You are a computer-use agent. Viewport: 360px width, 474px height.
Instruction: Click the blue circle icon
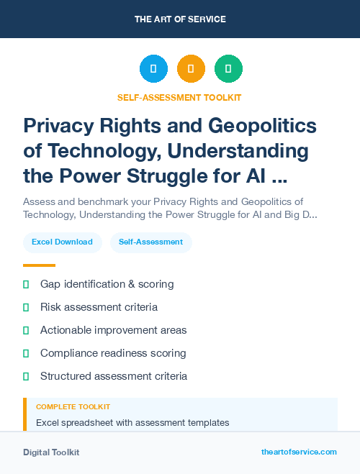(x=153, y=69)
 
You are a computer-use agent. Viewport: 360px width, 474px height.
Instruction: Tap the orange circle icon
(x=191, y=69)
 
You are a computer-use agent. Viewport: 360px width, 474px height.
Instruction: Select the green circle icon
(x=228, y=69)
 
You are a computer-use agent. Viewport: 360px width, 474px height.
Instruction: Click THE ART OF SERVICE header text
(x=180, y=19)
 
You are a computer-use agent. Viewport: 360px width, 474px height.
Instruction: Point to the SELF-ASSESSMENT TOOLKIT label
(x=180, y=97)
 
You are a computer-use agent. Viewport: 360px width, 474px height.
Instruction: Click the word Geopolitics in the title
(x=262, y=126)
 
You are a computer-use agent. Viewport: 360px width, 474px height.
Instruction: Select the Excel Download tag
(x=62, y=242)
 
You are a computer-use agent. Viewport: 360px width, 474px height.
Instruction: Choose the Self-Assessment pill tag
(x=150, y=242)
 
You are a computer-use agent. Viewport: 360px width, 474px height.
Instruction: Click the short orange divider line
(x=39, y=265)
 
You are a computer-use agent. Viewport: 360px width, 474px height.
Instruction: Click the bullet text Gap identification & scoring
(x=107, y=284)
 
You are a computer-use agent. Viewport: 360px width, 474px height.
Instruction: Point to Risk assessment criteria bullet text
(x=99, y=307)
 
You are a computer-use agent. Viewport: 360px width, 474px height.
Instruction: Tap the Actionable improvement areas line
(x=113, y=330)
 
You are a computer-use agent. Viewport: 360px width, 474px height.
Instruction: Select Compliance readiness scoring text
(x=113, y=353)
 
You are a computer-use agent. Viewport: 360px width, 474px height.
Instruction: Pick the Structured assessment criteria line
(x=114, y=376)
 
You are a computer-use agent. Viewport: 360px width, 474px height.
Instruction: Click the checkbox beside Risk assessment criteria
(x=26, y=307)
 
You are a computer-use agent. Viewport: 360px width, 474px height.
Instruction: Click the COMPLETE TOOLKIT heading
(x=73, y=407)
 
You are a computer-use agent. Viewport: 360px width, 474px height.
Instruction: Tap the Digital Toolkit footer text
(x=51, y=452)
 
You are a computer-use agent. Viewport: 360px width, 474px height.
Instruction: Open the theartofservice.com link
(x=299, y=452)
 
